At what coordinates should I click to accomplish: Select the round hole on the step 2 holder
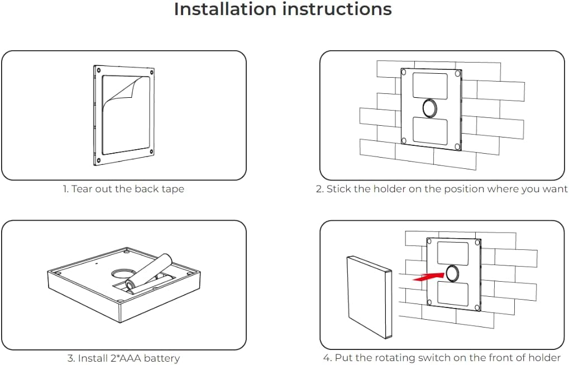(x=429, y=107)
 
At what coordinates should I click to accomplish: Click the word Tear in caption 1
(x=82, y=189)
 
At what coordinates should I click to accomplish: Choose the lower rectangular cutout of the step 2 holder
(x=429, y=131)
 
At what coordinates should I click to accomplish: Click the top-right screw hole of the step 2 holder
(x=458, y=73)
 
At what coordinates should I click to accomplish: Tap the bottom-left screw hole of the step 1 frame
(x=98, y=160)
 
